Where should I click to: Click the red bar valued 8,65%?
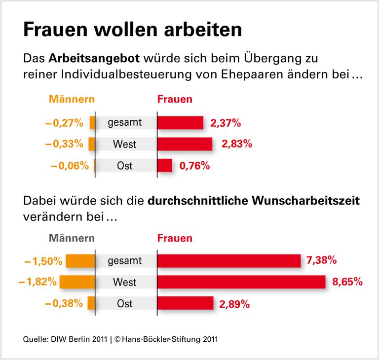coord(241,282)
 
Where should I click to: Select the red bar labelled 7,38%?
coord(229,261)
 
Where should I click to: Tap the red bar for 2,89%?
coord(185,303)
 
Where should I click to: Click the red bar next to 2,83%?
coord(185,144)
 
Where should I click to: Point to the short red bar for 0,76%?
coord(165,165)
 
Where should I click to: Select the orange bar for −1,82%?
coord(76,282)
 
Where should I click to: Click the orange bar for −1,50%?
coord(80,261)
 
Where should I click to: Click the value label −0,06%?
coord(70,166)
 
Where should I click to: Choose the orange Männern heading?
coord(72,100)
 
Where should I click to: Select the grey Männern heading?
coord(72,238)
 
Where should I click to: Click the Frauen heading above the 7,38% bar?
coord(175,238)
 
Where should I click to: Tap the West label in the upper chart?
coord(124,144)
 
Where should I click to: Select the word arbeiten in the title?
coord(197,30)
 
